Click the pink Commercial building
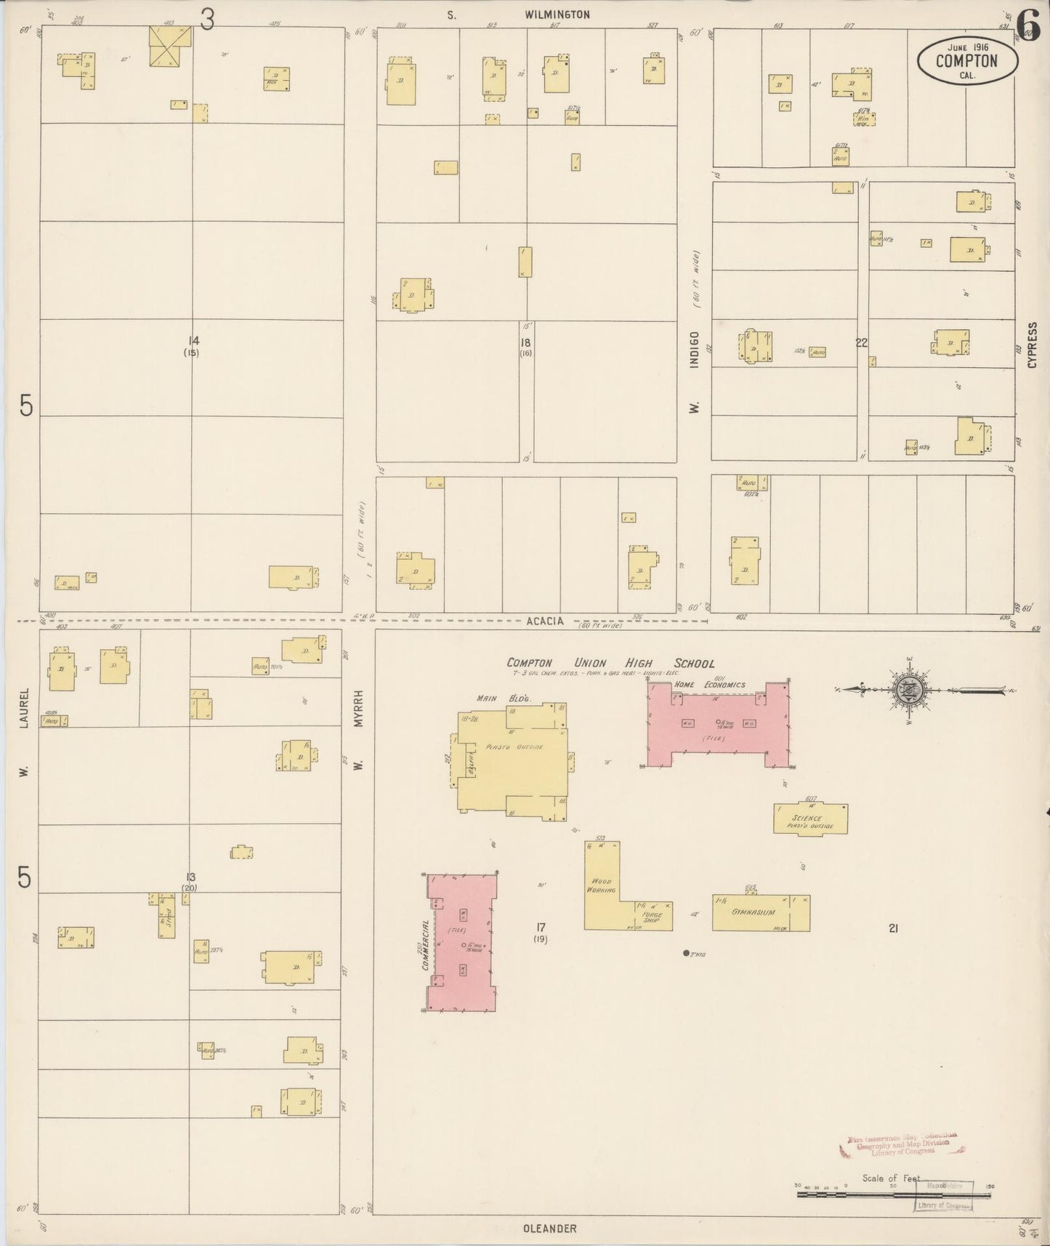click(x=462, y=943)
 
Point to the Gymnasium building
click(x=760, y=912)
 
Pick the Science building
click(x=810, y=819)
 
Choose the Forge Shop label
click(x=652, y=917)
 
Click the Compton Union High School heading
click(x=610, y=663)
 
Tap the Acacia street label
click(x=545, y=621)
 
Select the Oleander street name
click(x=549, y=1229)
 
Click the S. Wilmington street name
click(x=519, y=15)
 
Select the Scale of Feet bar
click(x=894, y=1194)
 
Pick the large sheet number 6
click(x=1027, y=26)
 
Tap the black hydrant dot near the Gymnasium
click(x=686, y=952)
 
